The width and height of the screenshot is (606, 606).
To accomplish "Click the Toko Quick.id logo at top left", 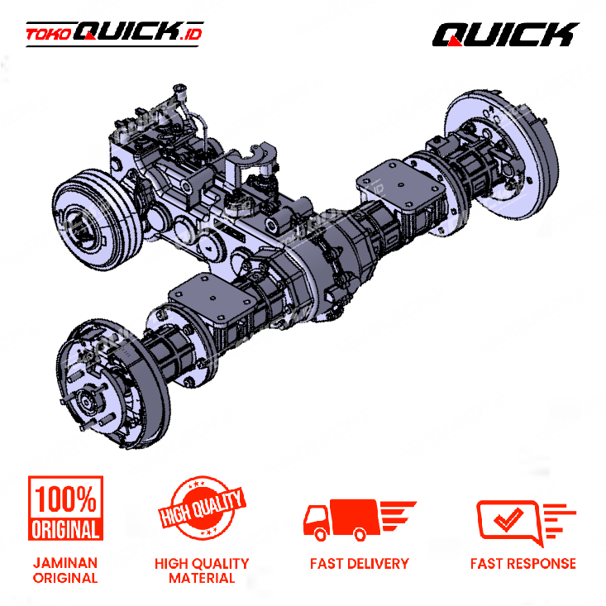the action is pyautogui.click(x=114, y=34).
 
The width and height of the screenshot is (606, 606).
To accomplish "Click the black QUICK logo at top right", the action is pyautogui.click(x=505, y=35).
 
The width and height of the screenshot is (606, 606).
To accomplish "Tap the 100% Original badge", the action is pyautogui.click(x=65, y=508).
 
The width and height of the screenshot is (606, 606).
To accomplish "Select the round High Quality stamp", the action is pyautogui.click(x=202, y=507).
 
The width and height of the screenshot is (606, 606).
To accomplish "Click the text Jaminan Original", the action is pyautogui.click(x=65, y=570).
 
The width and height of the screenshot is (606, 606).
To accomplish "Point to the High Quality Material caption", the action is pyautogui.click(x=202, y=570).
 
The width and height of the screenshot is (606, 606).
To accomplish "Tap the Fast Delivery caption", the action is pyautogui.click(x=360, y=564).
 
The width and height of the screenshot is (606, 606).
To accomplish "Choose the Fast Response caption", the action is pyautogui.click(x=522, y=564).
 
